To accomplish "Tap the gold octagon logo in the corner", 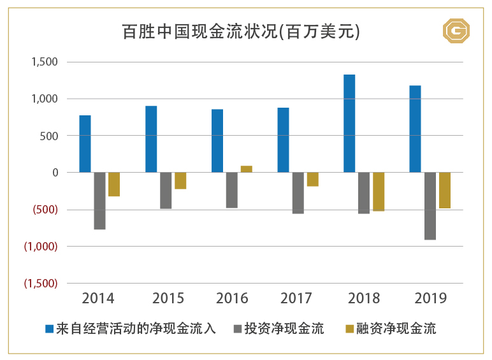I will pyautogui.click(x=456, y=30).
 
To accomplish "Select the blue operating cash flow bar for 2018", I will pyautogui.click(x=349, y=124).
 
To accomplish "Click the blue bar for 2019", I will pyautogui.click(x=415, y=129).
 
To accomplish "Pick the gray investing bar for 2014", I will pyautogui.click(x=99, y=201).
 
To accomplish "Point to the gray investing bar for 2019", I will pyautogui.click(x=430, y=206).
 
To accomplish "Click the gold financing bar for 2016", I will pyautogui.click(x=246, y=169).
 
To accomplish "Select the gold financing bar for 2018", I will pyautogui.click(x=379, y=191).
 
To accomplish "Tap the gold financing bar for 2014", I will pyautogui.click(x=114, y=184).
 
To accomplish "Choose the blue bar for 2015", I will pyautogui.click(x=151, y=139).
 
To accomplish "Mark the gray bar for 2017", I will pyautogui.click(x=298, y=192).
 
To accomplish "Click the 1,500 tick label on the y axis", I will pyautogui.click(x=45, y=62).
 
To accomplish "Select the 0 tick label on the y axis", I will pyautogui.click(x=55, y=173).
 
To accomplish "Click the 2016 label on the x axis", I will pyautogui.click(x=232, y=298).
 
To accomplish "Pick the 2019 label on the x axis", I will pyautogui.click(x=430, y=298).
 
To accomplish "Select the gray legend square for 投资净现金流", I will pyautogui.click(x=238, y=329).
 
